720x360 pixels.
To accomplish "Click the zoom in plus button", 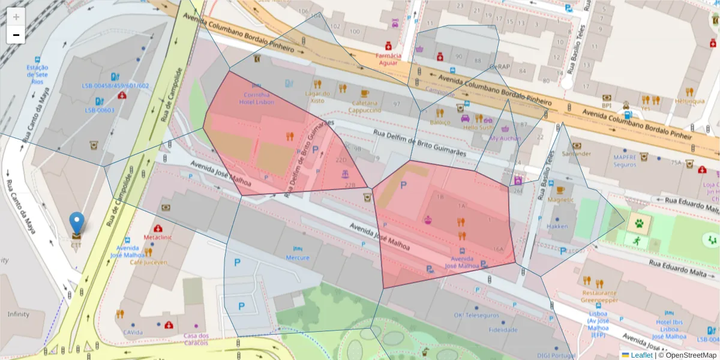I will [x=16, y=17].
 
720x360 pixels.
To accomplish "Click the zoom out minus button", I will [x=16, y=35].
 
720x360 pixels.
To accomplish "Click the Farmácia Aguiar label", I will [x=388, y=58].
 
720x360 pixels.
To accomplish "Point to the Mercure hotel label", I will [x=298, y=257].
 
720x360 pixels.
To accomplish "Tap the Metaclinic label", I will [x=158, y=237].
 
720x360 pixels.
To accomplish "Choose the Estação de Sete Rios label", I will [x=37, y=74].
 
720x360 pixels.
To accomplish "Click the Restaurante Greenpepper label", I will [x=599, y=296].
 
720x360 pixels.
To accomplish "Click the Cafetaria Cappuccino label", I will [x=365, y=106].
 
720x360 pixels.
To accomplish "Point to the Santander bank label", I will [x=577, y=154].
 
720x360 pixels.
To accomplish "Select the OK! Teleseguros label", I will [x=476, y=315].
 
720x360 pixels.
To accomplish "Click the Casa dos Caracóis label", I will [x=196, y=339].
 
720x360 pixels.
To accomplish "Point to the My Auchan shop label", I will [x=505, y=138].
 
